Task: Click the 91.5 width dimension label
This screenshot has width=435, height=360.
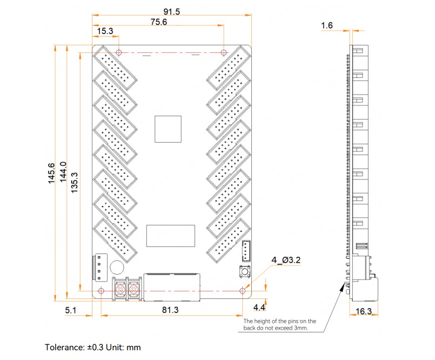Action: coord(171,12)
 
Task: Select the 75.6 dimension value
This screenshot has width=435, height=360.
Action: coord(159,22)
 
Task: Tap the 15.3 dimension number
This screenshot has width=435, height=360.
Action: coord(105,31)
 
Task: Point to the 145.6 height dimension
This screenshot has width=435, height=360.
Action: coord(51,174)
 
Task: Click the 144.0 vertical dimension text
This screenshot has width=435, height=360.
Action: coord(64,172)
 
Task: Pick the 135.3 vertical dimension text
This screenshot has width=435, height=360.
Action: coord(75,183)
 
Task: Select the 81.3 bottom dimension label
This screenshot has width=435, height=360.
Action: coord(170,310)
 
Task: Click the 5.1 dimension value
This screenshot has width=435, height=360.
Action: coord(70,310)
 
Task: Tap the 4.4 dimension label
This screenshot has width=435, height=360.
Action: coord(259,308)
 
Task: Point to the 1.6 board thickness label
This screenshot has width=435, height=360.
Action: coord(327,25)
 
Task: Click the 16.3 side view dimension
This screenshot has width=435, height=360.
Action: coord(364,311)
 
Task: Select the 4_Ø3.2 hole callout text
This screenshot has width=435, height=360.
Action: coord(286,260)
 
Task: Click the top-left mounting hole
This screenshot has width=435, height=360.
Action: coord(119,52)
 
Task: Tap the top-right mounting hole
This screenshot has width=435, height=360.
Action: coord(224,52)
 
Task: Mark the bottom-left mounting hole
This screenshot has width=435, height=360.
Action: coord(101,291)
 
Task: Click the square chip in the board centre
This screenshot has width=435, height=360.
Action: coord(168,129)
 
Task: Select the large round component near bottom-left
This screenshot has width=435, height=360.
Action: coord(117,267)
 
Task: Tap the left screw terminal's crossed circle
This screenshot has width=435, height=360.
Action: coord(120,290)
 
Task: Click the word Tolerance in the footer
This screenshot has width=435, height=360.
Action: coord(64,348)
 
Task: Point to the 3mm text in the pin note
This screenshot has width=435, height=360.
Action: coord(301,328)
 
